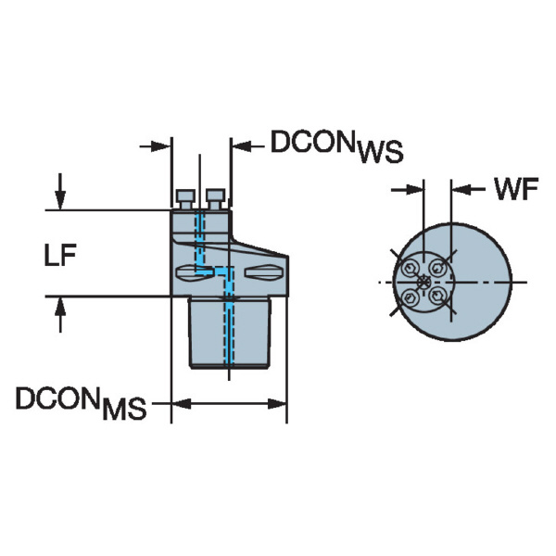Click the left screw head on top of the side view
click(184, 197)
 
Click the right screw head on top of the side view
click(215, 197)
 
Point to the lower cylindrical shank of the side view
click(229, 332)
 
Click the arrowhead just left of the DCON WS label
click(238, 145)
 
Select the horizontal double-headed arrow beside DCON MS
click(229, 403)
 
